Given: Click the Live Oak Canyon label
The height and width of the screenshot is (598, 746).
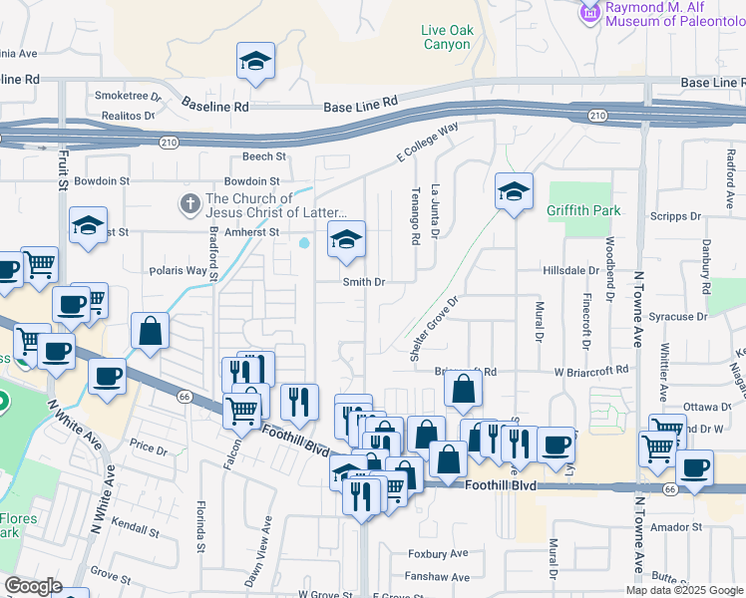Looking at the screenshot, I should (446, 37).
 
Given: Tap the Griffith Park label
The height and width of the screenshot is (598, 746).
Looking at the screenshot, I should (583, 210).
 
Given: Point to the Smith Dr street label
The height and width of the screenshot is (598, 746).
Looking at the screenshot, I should (364, 282).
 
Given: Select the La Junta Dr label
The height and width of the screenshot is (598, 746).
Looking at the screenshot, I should (435, 210).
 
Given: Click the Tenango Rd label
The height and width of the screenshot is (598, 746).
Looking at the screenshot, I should (414, 219).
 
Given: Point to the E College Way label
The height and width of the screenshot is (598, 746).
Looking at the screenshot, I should (428, 142).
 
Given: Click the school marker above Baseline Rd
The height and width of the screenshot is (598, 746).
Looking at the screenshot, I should (256, 62).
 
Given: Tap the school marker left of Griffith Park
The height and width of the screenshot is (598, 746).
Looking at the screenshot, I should (514, 191).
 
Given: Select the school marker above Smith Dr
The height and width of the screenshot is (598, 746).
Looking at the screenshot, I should (346, 240).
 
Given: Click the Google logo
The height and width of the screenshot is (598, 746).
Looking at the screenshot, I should (32, 586).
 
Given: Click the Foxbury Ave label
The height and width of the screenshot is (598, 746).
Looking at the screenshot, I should (438, 553).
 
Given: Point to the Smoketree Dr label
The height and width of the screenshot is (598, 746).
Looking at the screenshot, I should (128, 97).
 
